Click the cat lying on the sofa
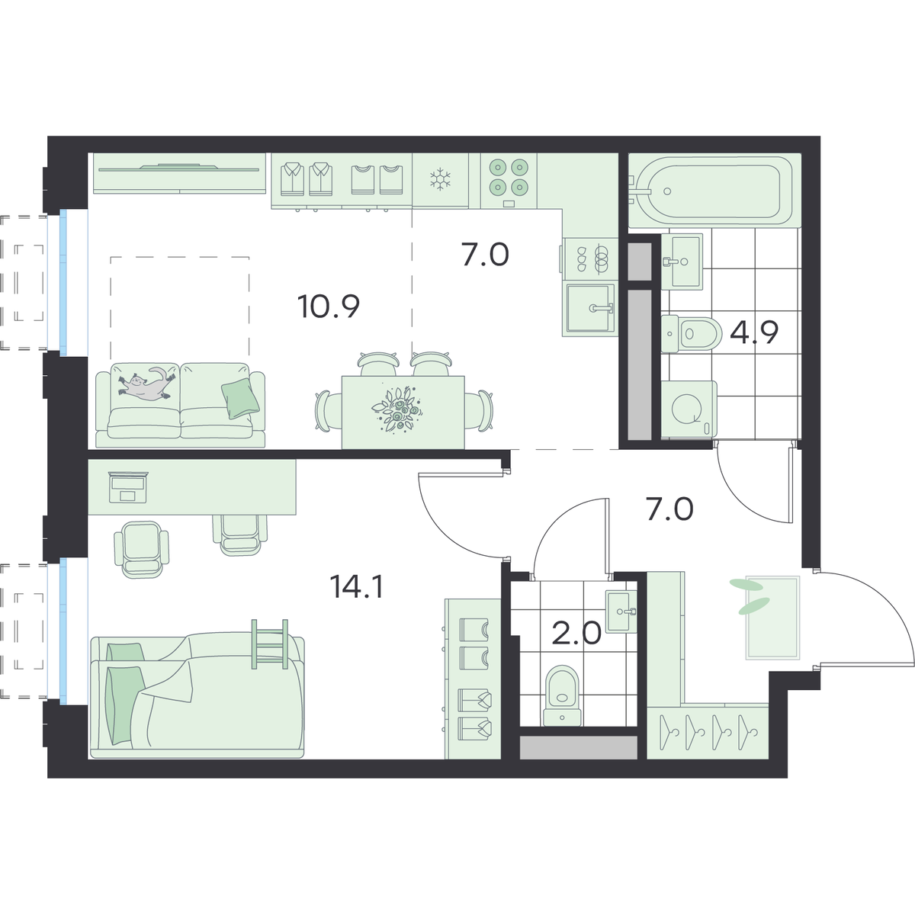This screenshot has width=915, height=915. point(146,382)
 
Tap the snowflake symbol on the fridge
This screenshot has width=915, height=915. point(440,179)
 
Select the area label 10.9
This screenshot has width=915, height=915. point(329,307)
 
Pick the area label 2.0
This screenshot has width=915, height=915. point(576,633)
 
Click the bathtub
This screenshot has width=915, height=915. point(715,191)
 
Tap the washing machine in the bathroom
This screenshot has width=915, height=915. point(689,409)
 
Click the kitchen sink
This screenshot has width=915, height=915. point(589,309)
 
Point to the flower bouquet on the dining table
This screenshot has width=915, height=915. point(397,409)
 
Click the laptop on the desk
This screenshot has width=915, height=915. point(128,487)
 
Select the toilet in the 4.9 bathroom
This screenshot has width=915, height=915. point(692,334)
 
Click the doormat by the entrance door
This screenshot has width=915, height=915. point(772,618)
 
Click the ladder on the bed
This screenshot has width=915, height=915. point(270,644)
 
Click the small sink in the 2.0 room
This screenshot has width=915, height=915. point(621,612)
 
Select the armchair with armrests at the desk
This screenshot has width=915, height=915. point(142,549)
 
